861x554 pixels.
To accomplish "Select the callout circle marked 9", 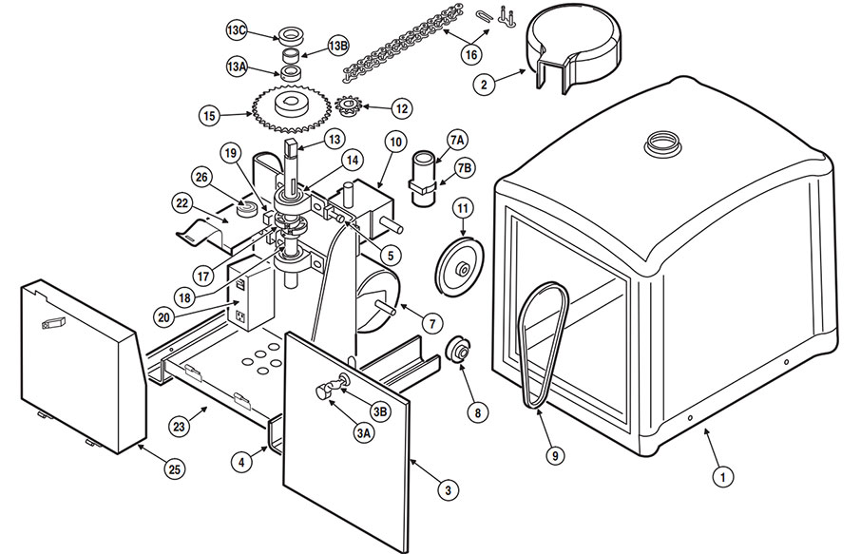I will pyautogui.click(x=553, y=455).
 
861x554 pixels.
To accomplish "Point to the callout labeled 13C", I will pyautogui.click(x=237, y=29).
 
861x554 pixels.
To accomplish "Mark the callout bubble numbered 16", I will pyautogui.click(x=471, y=54).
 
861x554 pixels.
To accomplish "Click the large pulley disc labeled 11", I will pyautogui.click(x=459, y=269).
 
